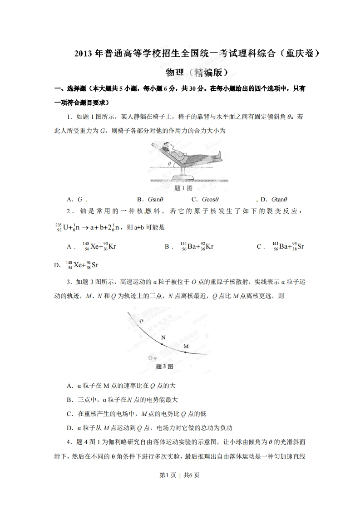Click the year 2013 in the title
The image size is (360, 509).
pos(84,54)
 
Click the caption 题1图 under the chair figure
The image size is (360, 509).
pos(183,187)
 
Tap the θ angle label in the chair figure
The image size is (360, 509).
pos(169,163)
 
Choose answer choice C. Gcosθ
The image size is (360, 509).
pos(205,199)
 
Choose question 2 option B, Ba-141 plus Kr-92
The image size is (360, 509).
pos(197,246)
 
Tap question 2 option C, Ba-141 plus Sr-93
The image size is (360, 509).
pos(287,246)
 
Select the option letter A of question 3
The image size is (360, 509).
pos(69,386)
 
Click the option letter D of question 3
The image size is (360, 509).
pos(69,428)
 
